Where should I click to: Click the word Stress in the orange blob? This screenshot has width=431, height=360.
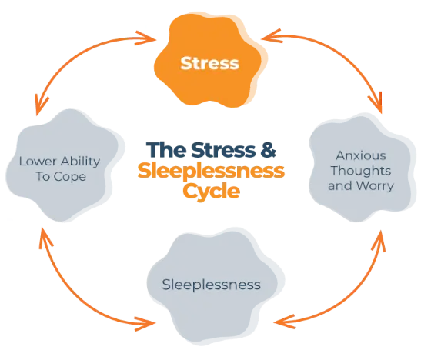click(x=209, y=63)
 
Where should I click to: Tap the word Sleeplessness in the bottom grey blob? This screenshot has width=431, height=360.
click(x=211, y=285)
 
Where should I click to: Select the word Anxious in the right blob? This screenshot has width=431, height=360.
click(x=361, y=155)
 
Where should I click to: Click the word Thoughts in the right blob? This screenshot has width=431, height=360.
click(x=361, y=171)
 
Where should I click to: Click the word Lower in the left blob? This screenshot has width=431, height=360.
click(x=38, y=162)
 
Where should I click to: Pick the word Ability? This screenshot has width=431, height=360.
click(x=80, y=162)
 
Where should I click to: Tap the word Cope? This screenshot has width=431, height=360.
click(x=69, y=177)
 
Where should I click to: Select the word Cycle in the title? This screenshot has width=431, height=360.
click(x=211, y=192)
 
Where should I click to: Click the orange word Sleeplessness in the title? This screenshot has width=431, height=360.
click(x=211, y=171)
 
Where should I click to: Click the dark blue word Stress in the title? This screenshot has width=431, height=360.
click(x=223, y=150)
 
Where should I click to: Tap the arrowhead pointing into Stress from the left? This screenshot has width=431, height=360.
click(x=147, y=38)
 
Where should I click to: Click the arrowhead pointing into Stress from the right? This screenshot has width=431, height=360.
click(x=271, y=36)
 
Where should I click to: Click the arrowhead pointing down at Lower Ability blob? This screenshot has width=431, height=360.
click(x=41, y=105)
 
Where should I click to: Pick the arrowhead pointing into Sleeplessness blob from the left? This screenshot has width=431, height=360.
click(x=145, y=323)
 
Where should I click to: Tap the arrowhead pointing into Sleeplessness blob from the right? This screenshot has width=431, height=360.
click(x=284, y=322)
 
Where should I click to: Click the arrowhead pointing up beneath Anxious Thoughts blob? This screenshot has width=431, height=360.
click(x=379, y=241)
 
